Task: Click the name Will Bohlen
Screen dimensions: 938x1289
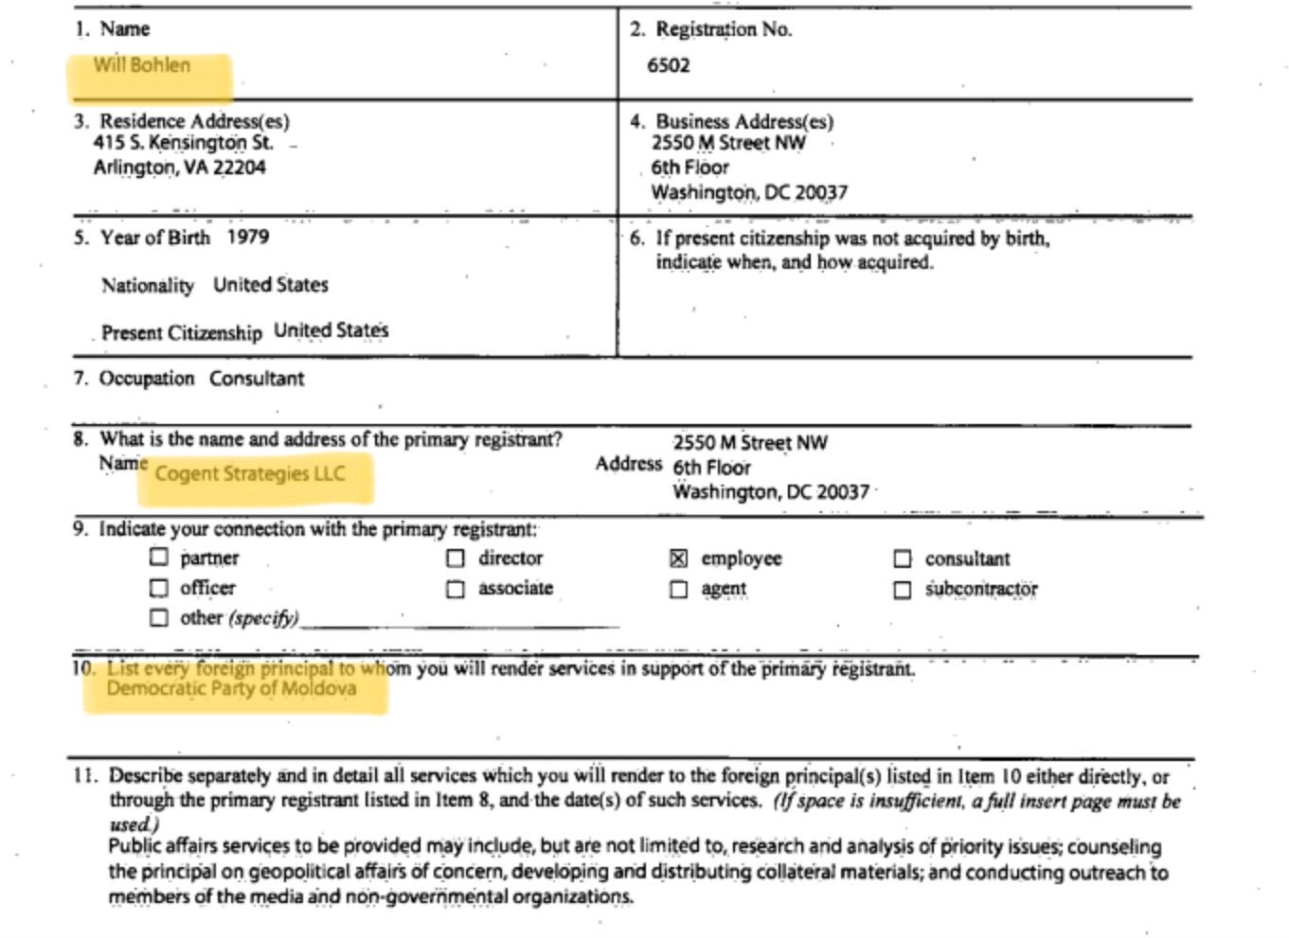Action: click(x=141, y=65)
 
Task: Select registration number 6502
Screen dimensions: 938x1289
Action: click(x=669, y=65)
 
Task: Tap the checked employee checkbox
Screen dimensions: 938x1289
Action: click(x=678, y=558)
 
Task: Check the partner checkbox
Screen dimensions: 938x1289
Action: click(x=159, y=557)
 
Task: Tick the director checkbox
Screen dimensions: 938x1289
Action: click(x=456, y=558)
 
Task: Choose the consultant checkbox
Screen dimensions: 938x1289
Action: click(x=903, y=559)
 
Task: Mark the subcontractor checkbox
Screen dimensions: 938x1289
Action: click(x=903, y=590)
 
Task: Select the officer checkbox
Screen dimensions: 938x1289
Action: click(x=159, y=588)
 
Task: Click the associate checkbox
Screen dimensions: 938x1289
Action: click(x=456, y=589)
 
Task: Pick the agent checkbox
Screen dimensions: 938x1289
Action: click(x=678, y=590)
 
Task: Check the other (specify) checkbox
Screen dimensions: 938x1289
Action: click(x=159, y=618)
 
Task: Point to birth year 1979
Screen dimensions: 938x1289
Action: click(x=247, y=237)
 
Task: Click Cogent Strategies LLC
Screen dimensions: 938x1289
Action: click(x=250, y=473)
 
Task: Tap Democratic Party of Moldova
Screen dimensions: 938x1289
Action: click(x=231, y=688)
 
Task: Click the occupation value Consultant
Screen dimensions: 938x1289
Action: click(x=257, y=379)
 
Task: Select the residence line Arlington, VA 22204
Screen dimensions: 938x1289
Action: click(x=179, y=168)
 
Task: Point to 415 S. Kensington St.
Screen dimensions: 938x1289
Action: click(x=183, y=143)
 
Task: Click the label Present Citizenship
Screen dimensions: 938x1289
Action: click(x=181, y=332)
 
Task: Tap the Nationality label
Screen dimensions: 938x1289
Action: click(x=147, y=285)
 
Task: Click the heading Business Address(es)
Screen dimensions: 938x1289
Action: click(x=744, y=121)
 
